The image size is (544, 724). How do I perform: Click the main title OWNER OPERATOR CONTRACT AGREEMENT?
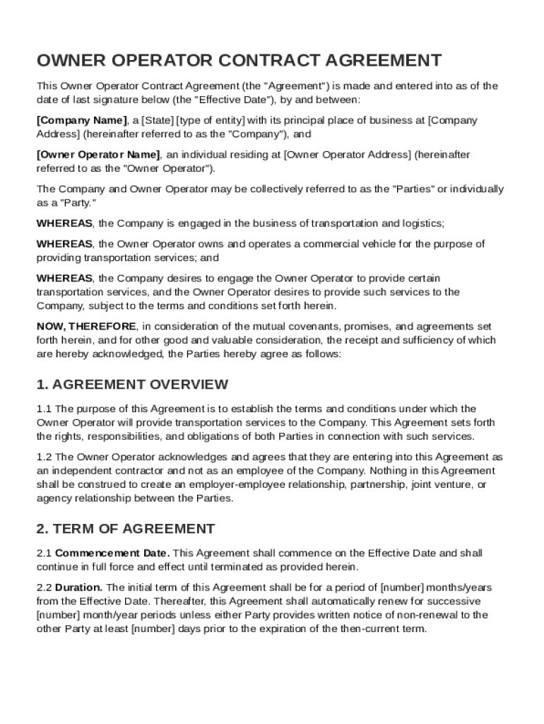tap(240, 60)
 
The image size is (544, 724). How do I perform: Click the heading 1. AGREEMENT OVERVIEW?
tap(132, 385)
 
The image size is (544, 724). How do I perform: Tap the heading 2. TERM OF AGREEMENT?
tap(126, 529)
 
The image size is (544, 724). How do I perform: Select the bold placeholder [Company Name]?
tap(82, 120)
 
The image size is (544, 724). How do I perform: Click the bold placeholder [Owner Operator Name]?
tap(98, 155)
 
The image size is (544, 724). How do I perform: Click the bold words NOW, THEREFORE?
tap(86, 327)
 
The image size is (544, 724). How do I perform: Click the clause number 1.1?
tap(44, 409)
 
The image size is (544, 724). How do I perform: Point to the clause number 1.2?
tap(44, 457)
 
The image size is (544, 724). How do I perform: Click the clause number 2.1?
tap(44, 553)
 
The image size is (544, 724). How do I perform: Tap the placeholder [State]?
tap(157, 120)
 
